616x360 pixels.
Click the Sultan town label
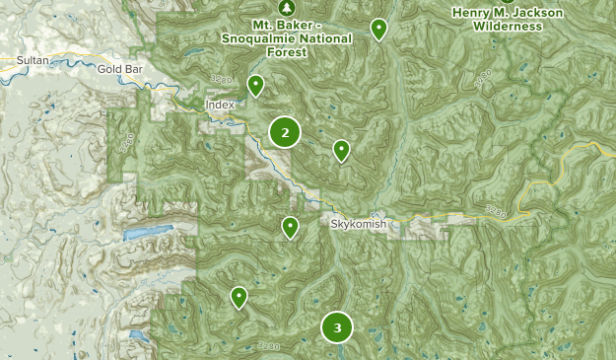tap(32, 61)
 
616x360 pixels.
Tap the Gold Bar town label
tap(119, 70)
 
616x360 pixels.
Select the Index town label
tap(220, 104)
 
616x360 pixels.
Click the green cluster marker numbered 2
tap(284, 132)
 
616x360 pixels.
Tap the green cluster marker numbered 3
tap(337, 327)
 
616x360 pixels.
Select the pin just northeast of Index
tap(255, 86)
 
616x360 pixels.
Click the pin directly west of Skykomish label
tap(290, 227)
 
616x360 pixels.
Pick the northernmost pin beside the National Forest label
tap(378, 29)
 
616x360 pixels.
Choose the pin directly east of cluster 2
tap(341, 149)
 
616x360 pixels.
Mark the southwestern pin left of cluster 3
tap(239, 296)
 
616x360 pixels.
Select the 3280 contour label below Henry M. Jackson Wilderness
tap(482, 80)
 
